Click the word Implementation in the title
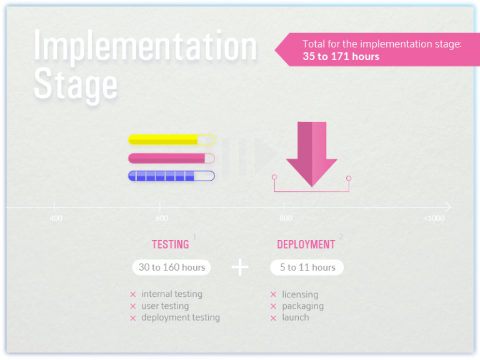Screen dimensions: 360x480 pyautogui.click(x=145, y=46)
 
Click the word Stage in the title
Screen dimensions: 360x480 pyautogui.click(x=76, y=84)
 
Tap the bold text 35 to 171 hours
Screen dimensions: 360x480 pyautogui.click(x=341, y=56)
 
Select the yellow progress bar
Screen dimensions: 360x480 pyautogui.click(x=171, y=140)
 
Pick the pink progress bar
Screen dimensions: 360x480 pyautogui.click(x=171, y=158)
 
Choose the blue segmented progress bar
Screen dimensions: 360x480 pyautogui.click(x=171, y=176)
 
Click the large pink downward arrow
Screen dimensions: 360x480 pyautogui.click(x=311, y=154)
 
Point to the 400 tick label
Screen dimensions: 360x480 pyautogui.click(x=56, y=218)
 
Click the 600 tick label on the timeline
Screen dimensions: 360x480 pyautogui.click(x=161, y=218)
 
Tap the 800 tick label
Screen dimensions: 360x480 pyautogui.click(x=286, y=218)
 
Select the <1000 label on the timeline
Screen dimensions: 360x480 pyautogui.click(x=434, y=218)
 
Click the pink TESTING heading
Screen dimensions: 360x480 pyautogui.click(x=170, y=244)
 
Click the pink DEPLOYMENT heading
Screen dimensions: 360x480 pyautogui.click(x=306, y=244)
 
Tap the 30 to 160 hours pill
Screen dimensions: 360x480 pyautogui.click(x=172, y=267)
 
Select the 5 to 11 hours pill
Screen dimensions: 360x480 pyautogui.click(x=307, y=267)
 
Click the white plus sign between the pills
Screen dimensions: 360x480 pyautogui.click(x=240, y=267)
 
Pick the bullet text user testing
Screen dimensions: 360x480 pyautogui.click(x=165, y=306)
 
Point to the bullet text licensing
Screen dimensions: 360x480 pyautogui.click(x=300, y=294)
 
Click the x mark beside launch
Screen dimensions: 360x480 pyautogui.click(x=273, y=318)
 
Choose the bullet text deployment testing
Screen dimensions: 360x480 pyautogui.click(x=181, y=317)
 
